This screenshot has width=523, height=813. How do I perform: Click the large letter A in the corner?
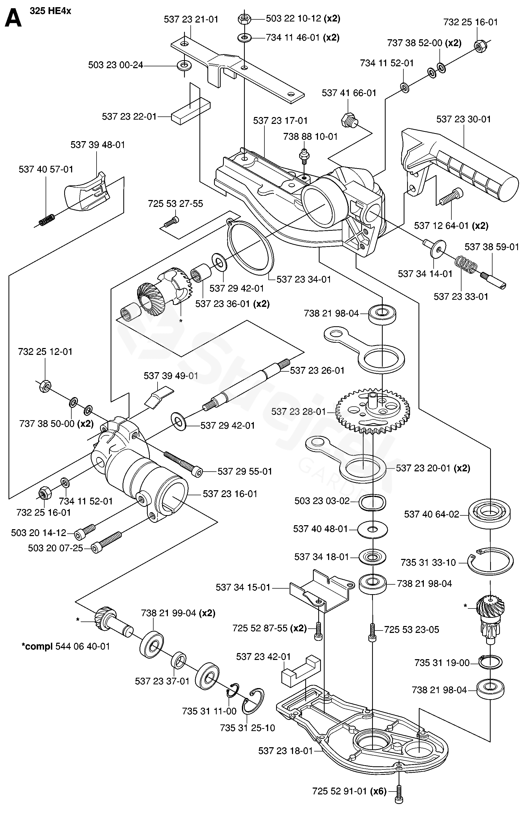click(x=13, y=18)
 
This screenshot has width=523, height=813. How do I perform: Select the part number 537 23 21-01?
click(x=191, y=19)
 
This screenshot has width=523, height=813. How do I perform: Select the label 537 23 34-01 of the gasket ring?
click(x=304, y=280)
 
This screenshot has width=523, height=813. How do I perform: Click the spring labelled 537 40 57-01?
click(x=46, y=220)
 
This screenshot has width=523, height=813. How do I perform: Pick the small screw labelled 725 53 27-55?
click(x=171, y=223)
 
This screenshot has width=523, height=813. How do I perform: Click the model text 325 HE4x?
click(x=51, y=11)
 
